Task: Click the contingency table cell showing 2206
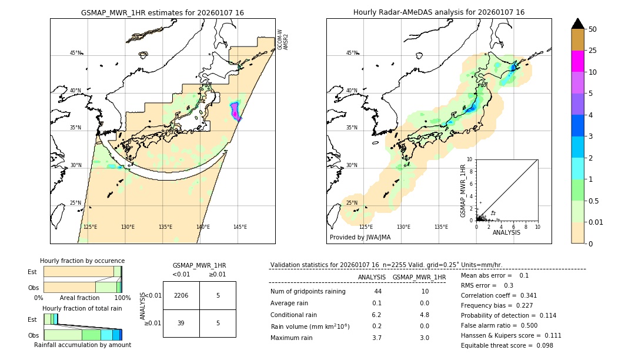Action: pos(181,295)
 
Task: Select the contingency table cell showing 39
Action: pos(181,323)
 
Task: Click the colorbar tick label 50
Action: pos(593,29)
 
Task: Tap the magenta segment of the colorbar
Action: pos(578,61)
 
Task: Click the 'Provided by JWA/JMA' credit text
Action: pos(360,237)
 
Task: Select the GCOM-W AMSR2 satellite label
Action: pos(283,39)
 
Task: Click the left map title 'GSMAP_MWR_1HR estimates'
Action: pos(162,12)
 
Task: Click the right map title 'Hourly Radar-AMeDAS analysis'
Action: pos(439,12)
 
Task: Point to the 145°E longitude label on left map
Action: pos(240,227)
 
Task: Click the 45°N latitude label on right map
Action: pos(352,53)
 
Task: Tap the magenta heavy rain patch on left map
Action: pos(235,109)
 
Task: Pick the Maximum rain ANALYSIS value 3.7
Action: pos(377,338)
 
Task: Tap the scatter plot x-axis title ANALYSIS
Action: pos(507,232)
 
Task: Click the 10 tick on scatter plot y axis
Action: pos(470,159)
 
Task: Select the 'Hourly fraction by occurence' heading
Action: pos(82,261)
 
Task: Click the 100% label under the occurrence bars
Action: pos(122,298)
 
